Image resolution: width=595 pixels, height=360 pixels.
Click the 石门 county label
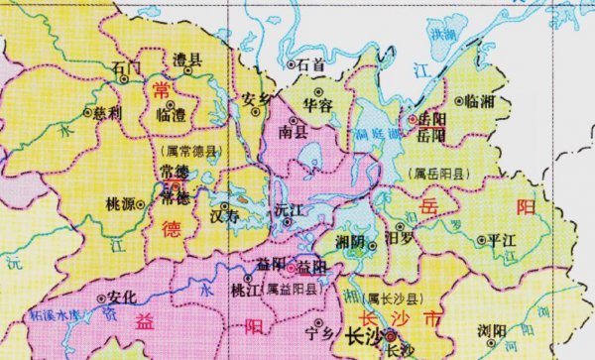point(128,67)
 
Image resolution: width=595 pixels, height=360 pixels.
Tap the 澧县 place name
point(186,60)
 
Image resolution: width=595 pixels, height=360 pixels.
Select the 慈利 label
point(122,112)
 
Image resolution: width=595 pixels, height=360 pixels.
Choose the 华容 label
point(316,102)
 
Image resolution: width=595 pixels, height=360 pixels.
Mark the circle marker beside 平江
point(481,240)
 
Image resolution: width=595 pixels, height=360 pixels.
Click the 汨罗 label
point(399,238)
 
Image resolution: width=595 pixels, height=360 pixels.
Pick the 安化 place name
point(121,297)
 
